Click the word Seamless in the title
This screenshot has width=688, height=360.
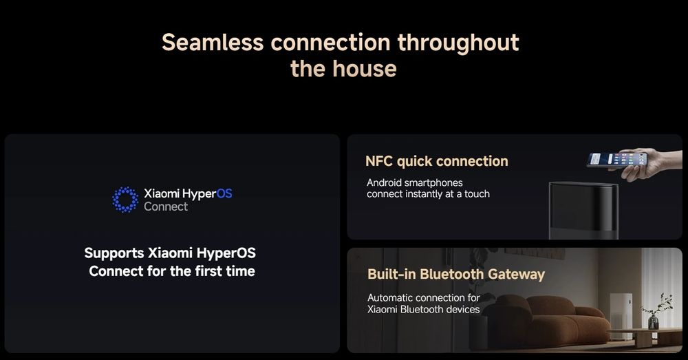213,43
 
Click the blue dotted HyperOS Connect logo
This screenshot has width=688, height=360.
125,200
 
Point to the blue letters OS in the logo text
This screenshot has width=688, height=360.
224,193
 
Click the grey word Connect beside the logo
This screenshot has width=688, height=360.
166,207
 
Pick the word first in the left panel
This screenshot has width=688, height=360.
209,271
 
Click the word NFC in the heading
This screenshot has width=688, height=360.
379,161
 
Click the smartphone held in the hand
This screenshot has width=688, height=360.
617,159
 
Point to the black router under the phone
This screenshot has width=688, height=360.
583,211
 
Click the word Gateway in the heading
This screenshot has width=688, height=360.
516,275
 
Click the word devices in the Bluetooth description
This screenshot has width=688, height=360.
463,309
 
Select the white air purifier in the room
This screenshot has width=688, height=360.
621,316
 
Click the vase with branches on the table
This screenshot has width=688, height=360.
656,312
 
